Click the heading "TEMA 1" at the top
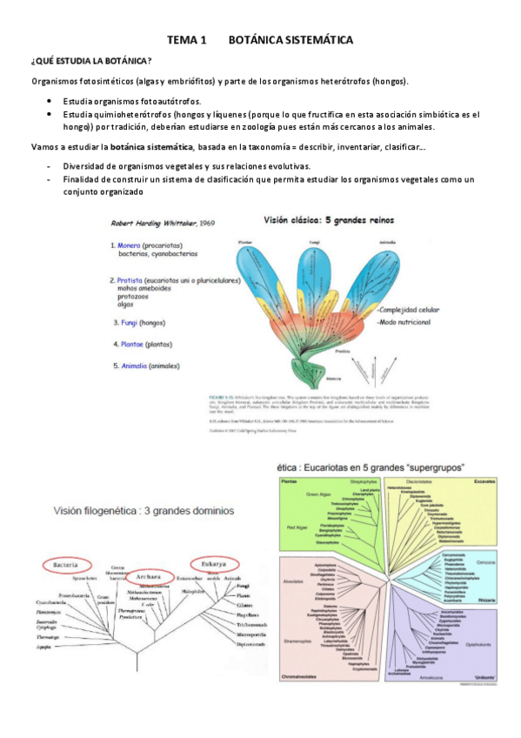(186, 41)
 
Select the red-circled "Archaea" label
(153, 552)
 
